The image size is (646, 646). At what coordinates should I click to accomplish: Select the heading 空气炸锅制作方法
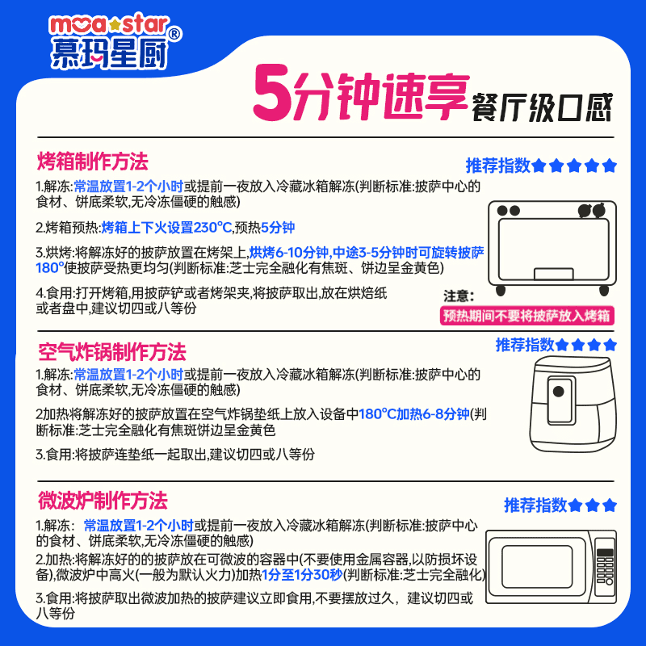pos(111,352)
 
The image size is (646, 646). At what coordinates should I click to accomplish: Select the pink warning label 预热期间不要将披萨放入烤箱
pos(526,315)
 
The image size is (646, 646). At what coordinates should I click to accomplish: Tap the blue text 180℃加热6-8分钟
pos(414,413)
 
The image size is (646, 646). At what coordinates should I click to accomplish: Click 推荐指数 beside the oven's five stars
pos(497,166)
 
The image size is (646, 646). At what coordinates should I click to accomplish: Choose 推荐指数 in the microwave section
pos(535,506)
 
